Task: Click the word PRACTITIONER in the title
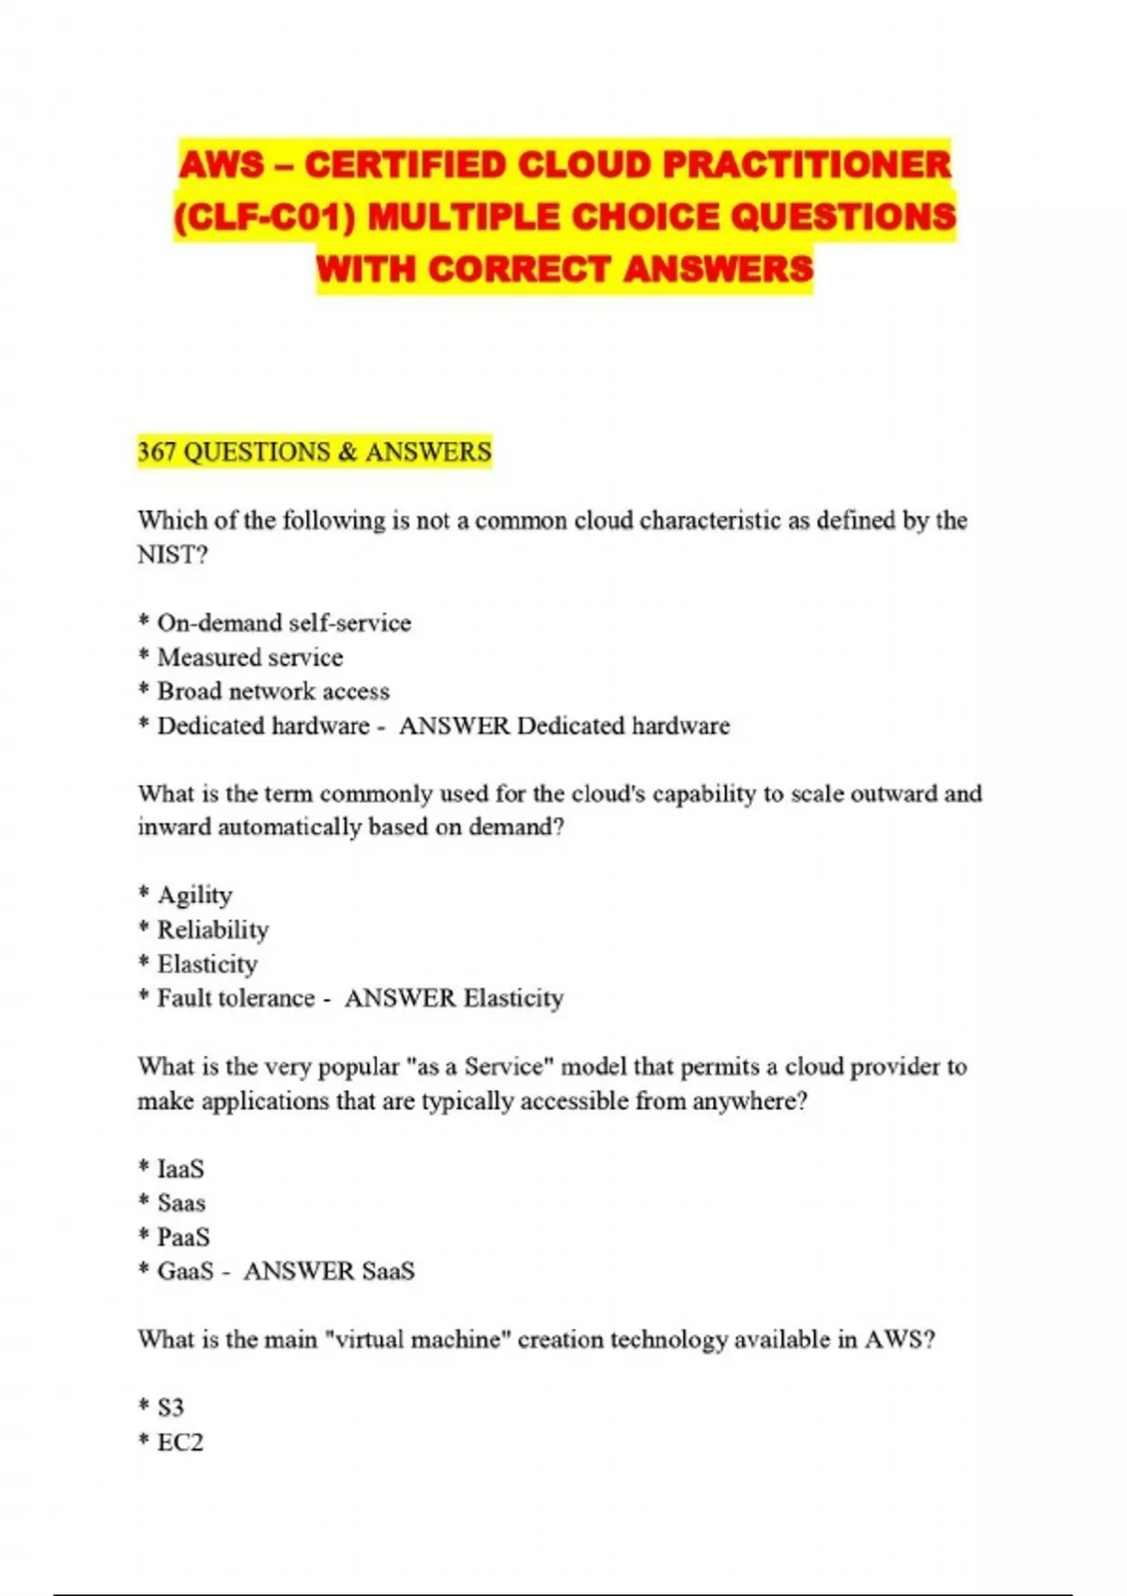807,165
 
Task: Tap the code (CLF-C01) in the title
265,218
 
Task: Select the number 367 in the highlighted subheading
157,453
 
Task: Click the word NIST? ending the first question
172,555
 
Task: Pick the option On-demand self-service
284,623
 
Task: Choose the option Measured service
250,657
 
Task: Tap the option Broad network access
272,692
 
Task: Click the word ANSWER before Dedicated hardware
454,726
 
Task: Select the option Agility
194,896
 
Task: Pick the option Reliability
212,930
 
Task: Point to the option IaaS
180,1170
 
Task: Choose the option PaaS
183,1237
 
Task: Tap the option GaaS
185,1271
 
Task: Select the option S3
170,1407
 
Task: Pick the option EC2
179,1442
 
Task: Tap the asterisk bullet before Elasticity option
144,963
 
